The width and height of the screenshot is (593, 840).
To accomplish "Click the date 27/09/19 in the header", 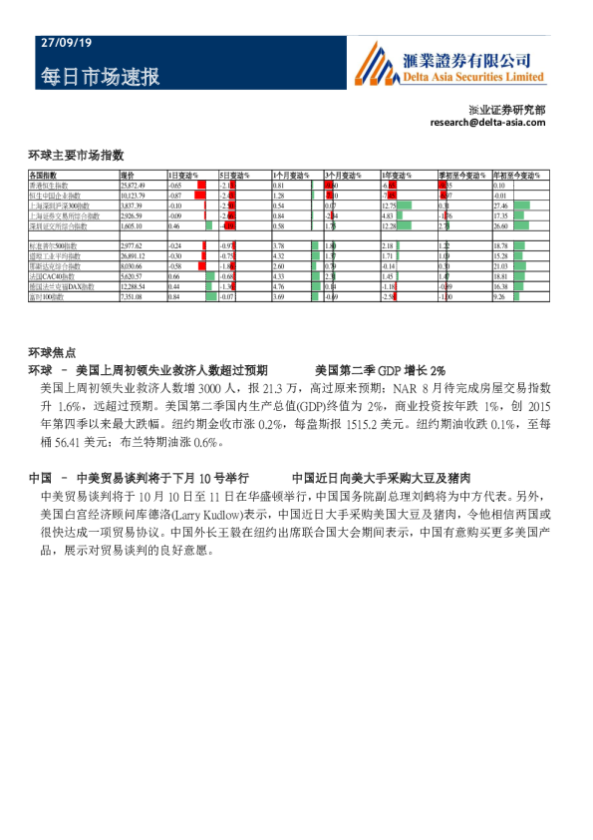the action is pos(66,44).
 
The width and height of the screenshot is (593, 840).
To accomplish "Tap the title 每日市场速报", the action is pos(100,77).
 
